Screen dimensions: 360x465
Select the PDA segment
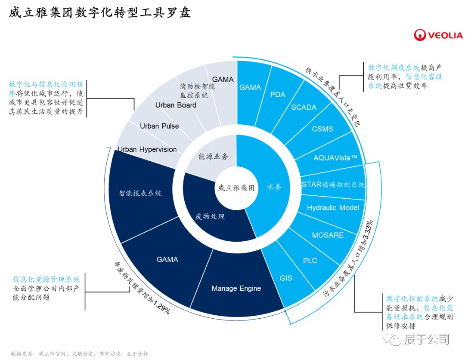(278, 94)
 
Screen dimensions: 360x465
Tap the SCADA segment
(304, 107)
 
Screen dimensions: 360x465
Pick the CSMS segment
(322, 129)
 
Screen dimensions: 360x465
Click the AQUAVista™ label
(335, 157)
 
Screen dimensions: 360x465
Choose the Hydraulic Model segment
(332, 208)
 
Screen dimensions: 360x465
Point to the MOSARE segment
(328, 235)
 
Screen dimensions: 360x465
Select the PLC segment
(310, 261)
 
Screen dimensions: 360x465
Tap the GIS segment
(286, 278)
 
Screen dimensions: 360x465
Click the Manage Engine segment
(236, 288)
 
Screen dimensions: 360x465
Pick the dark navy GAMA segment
(167, 259)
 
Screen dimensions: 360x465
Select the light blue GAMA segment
(250, 87)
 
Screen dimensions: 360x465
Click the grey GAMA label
(223, 80)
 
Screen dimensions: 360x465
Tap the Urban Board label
(176, 105)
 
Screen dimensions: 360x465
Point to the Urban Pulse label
(159, 126)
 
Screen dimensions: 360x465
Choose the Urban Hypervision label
(147, 149)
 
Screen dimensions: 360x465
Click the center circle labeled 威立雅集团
(236, 188)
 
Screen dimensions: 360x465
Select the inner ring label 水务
(274, 188)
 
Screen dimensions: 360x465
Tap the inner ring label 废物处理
(210, 216)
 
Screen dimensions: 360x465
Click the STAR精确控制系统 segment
(332, 185)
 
